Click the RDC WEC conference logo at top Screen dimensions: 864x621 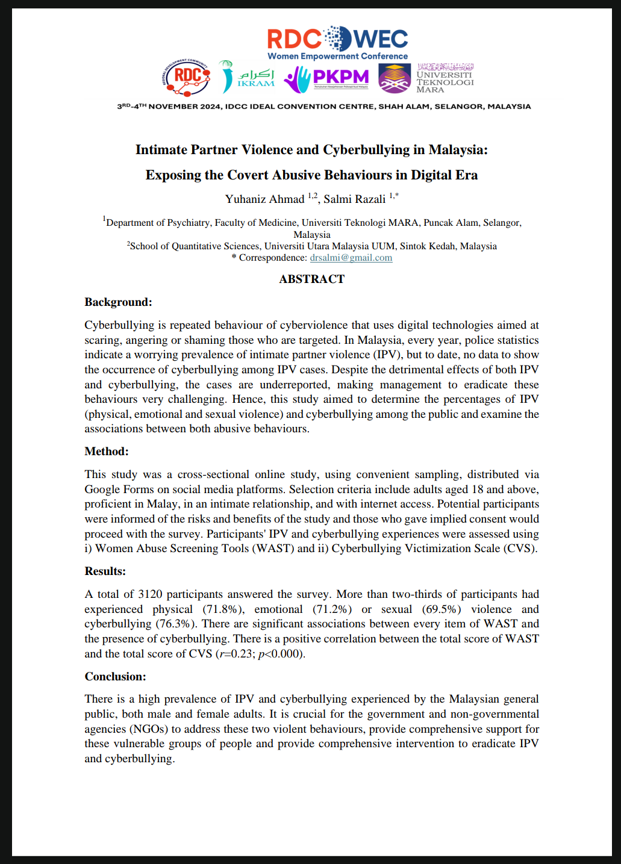337,42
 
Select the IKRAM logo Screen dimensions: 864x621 247,78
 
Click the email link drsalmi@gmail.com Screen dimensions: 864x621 351,258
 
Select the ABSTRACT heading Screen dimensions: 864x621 311,279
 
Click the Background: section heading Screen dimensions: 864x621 118,302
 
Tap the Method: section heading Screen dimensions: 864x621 107,452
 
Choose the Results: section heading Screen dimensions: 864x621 105,571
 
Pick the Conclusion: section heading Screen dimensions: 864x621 115,677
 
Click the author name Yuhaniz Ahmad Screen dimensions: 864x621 264,199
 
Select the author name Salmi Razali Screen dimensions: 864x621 354,199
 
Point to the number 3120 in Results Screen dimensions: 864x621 150,594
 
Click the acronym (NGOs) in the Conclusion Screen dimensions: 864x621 149,729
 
